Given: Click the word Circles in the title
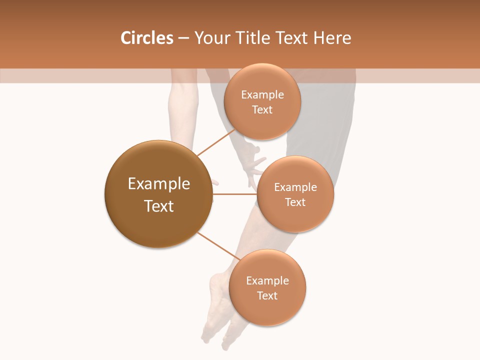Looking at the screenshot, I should coord(146,38).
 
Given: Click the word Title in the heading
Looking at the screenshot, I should coord(252,38).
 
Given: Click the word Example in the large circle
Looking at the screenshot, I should coord(159,183).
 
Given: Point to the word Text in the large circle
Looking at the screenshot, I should coord(159,206).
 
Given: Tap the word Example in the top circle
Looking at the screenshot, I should coord(262,94).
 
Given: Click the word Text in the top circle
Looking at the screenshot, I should coord(262,109).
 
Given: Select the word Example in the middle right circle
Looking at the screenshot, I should coord(295,187).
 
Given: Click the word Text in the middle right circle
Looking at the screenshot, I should coord(295,202).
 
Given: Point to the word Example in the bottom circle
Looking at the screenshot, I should coord(267,280).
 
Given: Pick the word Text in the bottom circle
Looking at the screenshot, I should coord(267,295).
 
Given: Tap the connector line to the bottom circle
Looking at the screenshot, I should coord(218,246).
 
